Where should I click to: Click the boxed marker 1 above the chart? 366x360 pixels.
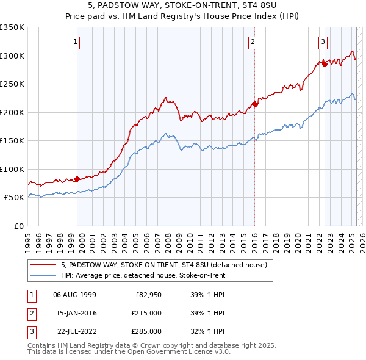74,42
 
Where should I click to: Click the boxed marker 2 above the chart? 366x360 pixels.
252,42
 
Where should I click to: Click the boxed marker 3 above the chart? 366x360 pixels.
322,42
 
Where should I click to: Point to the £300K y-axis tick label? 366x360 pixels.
12,56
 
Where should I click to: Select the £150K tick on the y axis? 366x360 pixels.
12,141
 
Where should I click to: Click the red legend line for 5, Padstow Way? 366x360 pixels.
42,265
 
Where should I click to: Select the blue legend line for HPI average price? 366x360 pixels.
42,276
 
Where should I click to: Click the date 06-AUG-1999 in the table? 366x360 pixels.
75,295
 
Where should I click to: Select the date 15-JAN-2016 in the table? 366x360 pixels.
75,313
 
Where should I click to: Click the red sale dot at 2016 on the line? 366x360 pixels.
254,104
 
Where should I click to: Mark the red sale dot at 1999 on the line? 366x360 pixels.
77,179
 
